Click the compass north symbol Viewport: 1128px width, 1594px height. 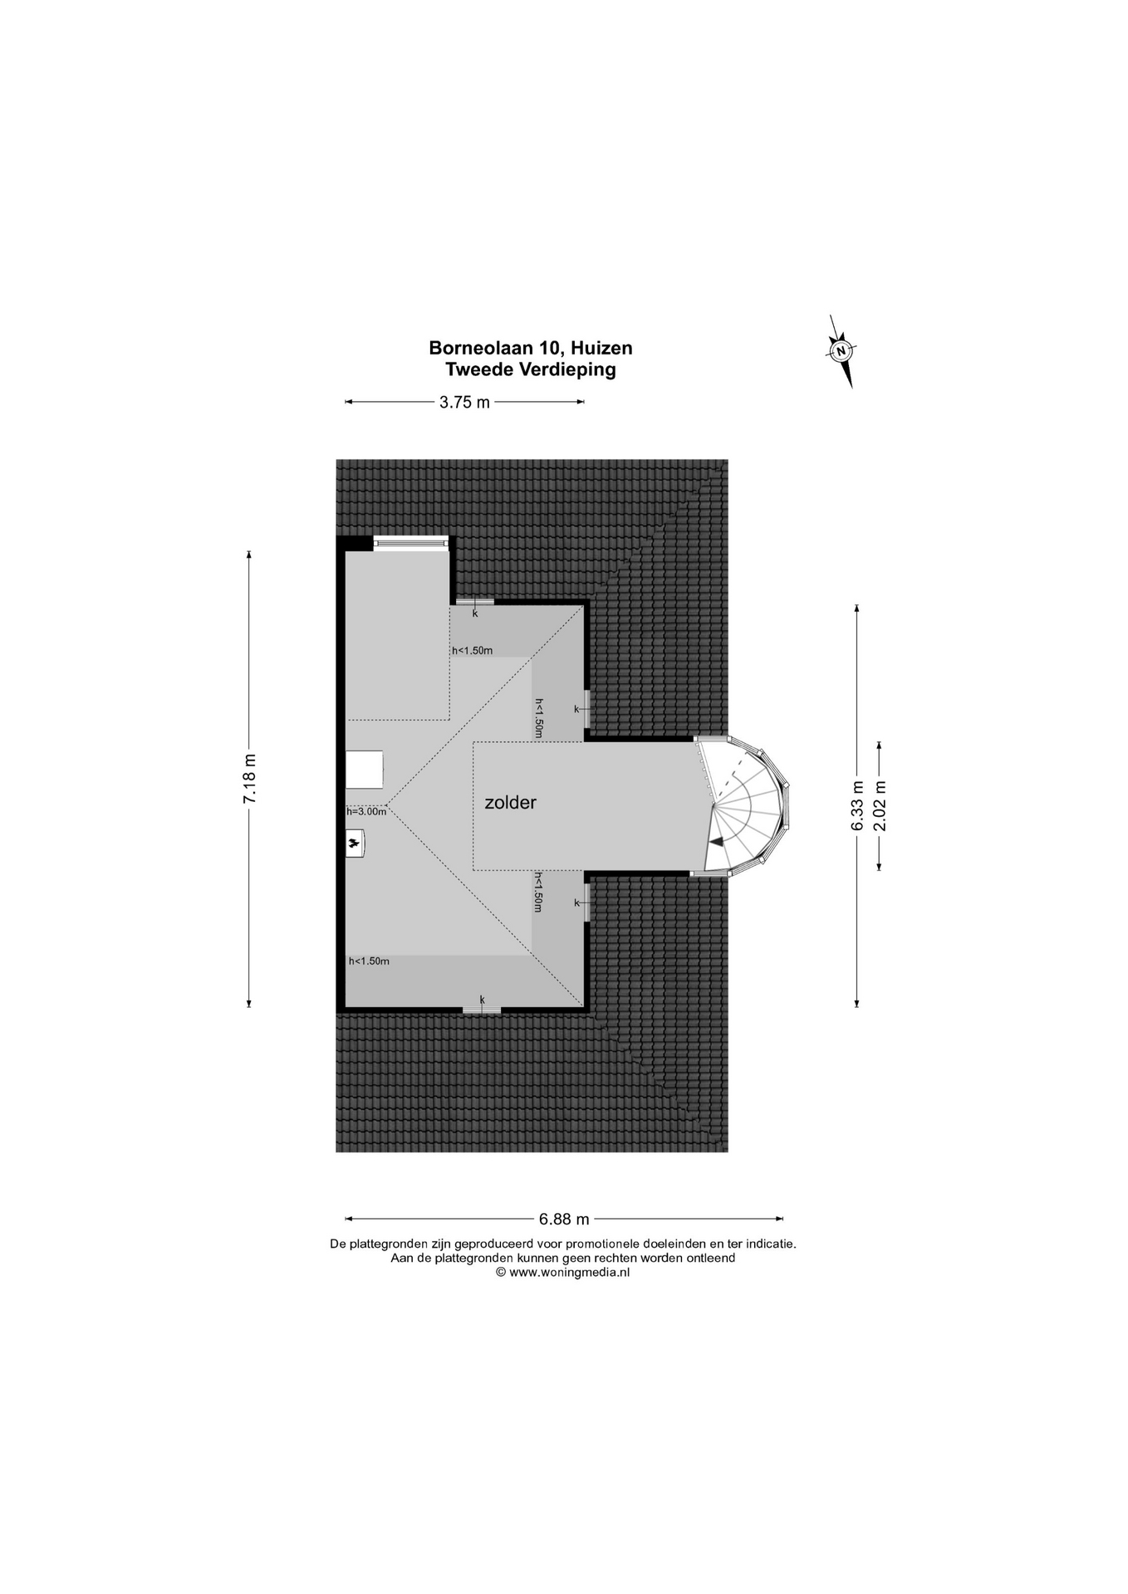point(841,351)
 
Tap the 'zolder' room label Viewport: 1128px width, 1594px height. point(511,803)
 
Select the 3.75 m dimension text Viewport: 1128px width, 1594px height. point(464,402)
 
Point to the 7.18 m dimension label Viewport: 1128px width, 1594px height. point(250,778)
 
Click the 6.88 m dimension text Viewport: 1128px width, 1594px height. point(564,1219)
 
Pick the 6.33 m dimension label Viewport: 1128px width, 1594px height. point(857,805)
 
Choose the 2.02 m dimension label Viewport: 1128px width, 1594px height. point(880,805)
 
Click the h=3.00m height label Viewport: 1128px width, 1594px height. point(366,811)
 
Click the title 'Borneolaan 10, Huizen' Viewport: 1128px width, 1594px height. point(531,348)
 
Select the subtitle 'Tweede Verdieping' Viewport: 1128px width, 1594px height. point(531,370)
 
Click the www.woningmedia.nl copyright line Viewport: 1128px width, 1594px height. point(563,1271)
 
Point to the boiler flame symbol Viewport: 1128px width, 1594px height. point(356,843)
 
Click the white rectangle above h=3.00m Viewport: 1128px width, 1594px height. point(365,770)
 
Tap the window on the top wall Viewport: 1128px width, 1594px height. point(410,542)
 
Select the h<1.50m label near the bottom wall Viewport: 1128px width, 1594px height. point(369,961)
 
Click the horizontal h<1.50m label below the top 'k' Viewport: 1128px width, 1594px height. point(472,650)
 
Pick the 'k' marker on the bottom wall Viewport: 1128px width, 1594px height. point(482,1000)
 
